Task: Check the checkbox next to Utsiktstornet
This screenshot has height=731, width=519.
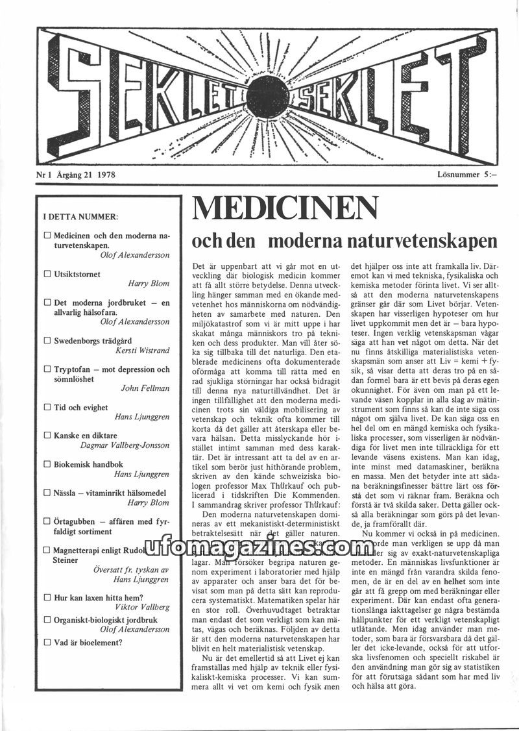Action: (47, 275)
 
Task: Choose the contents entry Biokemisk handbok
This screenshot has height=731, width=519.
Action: (88, 465)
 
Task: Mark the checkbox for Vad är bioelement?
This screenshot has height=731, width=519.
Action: (47, 643)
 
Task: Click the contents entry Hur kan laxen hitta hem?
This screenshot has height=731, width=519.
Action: (98, 597)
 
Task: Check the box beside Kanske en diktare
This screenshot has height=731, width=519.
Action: (47, 436)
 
